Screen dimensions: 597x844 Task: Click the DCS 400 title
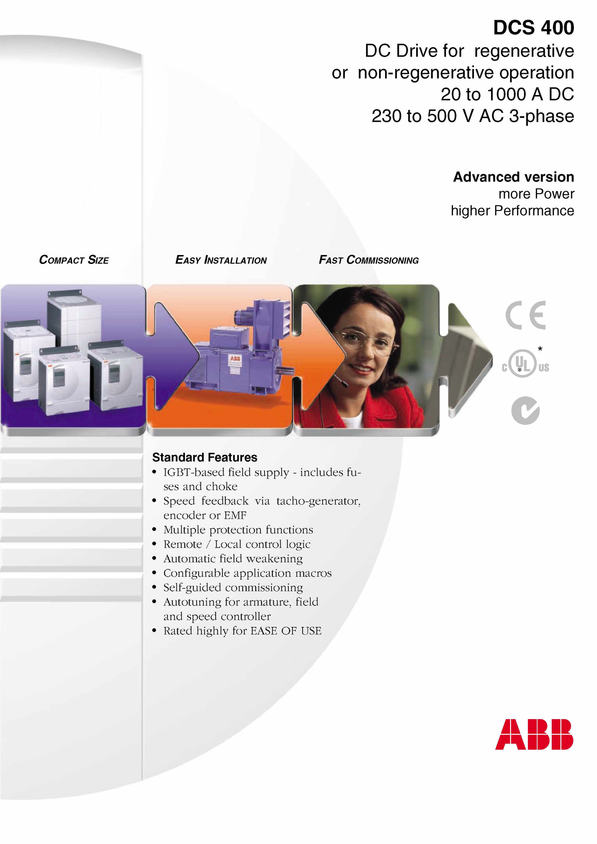(534, 28)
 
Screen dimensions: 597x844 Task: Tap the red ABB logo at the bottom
(534, 734)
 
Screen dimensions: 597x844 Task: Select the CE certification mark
(525, 315)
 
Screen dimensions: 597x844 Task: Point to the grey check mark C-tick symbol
(525, 410)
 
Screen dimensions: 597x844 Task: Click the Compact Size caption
(74, 260)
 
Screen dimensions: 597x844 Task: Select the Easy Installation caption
(221, 260)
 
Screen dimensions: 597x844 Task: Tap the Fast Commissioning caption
(369, 260)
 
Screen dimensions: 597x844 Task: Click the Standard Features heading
(205, 457)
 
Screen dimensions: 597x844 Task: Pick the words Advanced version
(514, 177)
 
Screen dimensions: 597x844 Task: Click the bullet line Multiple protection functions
(238, 530)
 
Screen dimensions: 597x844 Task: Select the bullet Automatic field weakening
(233, 558)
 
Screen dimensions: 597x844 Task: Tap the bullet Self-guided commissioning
(233, 588)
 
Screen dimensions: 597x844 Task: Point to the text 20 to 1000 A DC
(507, 94)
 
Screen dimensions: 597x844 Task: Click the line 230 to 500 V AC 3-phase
(473, 116)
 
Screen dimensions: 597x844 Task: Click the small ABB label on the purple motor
(235, 359)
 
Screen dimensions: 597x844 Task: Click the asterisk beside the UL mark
(540, 349)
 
